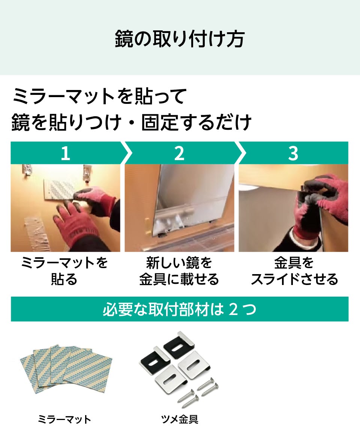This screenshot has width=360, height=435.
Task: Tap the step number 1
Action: coord(65,153)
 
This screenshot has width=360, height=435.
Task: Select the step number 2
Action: coord(179,153)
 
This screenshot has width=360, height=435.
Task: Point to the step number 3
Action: coord(293,153)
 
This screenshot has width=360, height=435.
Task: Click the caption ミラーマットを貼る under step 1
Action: coord(64,271)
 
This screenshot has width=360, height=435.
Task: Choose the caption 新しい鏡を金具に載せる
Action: coord(179,271)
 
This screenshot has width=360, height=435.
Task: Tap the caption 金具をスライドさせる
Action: coord(294,271)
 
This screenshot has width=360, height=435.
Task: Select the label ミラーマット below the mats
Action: coord(64,419)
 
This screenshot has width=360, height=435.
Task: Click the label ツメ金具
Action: coord(179,419)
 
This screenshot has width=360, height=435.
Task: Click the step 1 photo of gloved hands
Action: coord(65,208)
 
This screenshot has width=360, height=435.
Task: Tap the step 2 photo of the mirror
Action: coord(179,208)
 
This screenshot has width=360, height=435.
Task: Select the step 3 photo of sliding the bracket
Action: coord(293,208)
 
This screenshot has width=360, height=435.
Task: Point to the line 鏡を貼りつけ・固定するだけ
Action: coord(131,123)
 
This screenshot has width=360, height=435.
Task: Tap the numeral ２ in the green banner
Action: coord(233,309)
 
